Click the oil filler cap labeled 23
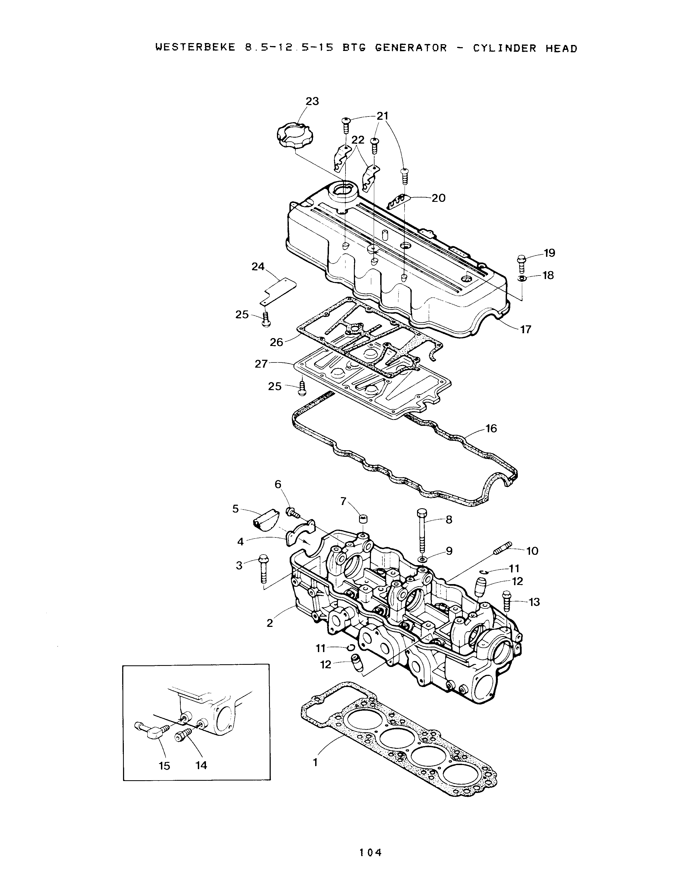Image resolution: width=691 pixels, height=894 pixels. (294, 136)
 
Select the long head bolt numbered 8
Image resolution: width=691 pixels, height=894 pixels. (422, 531)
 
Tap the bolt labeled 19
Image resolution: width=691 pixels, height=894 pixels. (522, 264)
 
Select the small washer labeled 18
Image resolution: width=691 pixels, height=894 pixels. (522, 279)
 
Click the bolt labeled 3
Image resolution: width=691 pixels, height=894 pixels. (263, 569)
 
